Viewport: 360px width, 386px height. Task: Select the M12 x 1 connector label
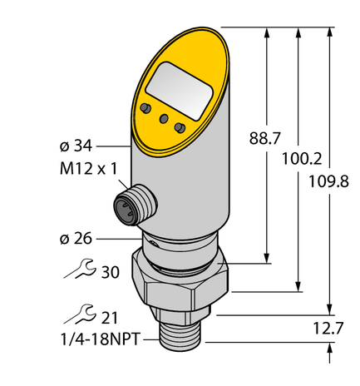tap(88, 169)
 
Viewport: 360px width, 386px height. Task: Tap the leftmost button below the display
tap(146, 109)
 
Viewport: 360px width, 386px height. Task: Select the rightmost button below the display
tap(179, 126)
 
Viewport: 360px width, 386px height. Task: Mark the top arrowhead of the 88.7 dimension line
tap(267, 31)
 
